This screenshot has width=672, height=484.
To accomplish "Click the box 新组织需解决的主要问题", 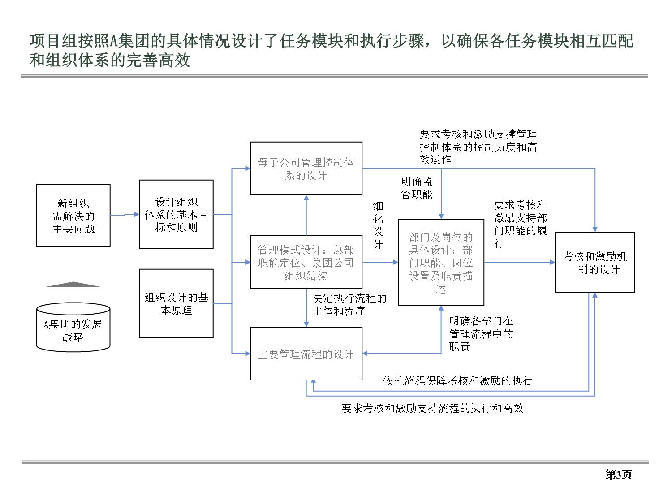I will coord(73,215).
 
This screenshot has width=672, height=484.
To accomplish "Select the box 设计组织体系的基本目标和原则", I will coord(176,214).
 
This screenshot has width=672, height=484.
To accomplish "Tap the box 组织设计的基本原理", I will coord(176,303).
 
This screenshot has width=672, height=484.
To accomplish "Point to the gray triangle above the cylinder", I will coord(73,284).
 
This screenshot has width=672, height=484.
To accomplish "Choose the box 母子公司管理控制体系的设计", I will coord(306,169).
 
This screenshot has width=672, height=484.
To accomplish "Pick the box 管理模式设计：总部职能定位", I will coord(306,262).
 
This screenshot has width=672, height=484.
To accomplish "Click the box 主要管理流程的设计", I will coord(306,354).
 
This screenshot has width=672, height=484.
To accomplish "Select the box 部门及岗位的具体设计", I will coord(441,262).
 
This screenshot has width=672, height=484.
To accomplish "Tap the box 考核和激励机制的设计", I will coord(594,262).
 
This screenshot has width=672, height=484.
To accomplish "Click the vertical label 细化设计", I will coord(378,225).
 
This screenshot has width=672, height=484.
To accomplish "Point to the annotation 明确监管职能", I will coord(416,188).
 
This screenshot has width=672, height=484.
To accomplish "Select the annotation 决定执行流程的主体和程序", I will coord(349,305).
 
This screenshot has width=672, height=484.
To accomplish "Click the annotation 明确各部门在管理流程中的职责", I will coord(481,333).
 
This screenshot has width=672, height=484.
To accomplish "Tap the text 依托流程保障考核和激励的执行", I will coord(457,380).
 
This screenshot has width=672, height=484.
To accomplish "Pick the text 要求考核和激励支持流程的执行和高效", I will coord(432,408).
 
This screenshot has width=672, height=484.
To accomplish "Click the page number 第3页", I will coord(618,474).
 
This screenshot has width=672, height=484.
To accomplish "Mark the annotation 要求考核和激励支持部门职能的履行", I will coord(520,224).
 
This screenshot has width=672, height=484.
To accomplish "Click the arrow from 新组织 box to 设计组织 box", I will coord(125,215).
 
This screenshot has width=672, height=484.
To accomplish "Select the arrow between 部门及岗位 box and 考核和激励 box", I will coord(520,262).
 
